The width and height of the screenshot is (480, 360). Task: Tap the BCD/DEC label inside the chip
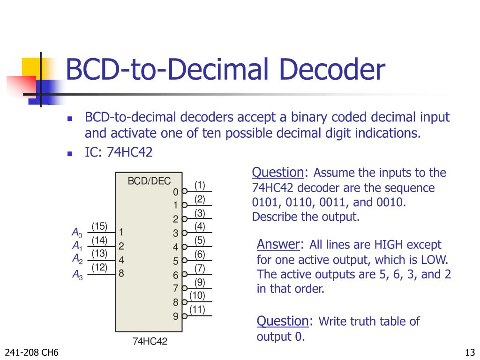click(x=150, y=181)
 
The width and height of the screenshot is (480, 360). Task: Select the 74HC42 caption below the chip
click(x=150, y=341)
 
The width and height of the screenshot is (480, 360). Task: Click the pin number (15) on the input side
click(x=99, y=226)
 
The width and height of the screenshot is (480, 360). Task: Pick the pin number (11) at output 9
click(x=197, y=309)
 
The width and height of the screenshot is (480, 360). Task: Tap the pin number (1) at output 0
click(x=200, y=185)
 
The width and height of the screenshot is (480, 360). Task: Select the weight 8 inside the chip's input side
click(x=121, y=273)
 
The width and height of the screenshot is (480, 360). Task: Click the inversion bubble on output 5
click(x=185, y=261)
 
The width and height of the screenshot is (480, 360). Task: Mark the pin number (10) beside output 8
click(x=197, y=295)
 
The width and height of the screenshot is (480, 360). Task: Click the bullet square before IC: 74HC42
click(x=70, y=153)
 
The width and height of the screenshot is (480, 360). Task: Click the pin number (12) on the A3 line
click(x=99, y=268)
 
